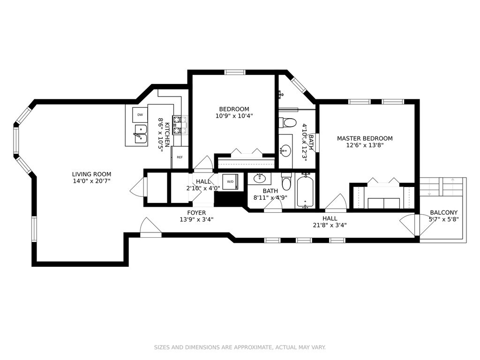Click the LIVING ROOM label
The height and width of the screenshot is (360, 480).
pyautogui.click(x=91, y=174)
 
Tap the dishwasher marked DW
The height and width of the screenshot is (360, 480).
pyautogui.click(x=140, y=115)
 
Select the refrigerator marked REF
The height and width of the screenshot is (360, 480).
pyautogui.click(x=180, y=157)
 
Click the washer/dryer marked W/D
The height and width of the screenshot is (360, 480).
pyautogui.click(x=230, y=182)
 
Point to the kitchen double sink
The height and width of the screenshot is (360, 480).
pyautogui.click(x=141, y=134)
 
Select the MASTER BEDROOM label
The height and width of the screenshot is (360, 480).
pyautogui.click(x=365, y=138)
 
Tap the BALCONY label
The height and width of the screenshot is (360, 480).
pyautogui.click(x=443, y=212)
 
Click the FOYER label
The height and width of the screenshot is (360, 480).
pyautogui.click(x=196, y=213)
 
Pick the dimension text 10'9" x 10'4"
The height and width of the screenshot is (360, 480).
pyautogui.click(x=234, y=116)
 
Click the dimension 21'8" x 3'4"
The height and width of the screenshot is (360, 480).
pyautogui.click(x=330, y=225)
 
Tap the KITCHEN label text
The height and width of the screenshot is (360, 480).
pyautogui.click(x=167, y=135)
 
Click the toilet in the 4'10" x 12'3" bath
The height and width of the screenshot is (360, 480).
pyautogui.click(x=287, y=123)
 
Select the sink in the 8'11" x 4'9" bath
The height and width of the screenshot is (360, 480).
pyautogui.click(x=259, y=178)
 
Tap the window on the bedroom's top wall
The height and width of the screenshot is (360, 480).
pyautogui.click(x=235, y=72)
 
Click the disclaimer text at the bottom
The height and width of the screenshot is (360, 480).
pyautogui.click(x=240, y=347)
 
